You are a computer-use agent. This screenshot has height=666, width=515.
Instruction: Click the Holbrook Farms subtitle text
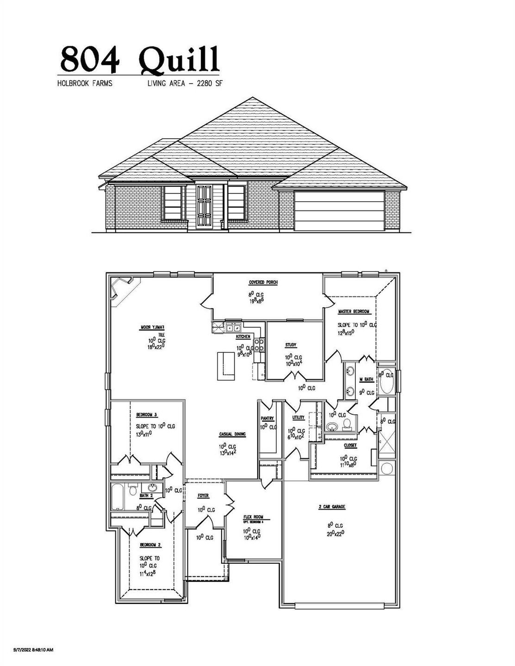pyautogui.click(x=85, y=84)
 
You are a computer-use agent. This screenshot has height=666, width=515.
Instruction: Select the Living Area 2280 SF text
pyautogui.click(x=182, y=84)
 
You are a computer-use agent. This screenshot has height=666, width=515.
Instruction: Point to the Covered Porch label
pyautogui.click(x=263, y=283)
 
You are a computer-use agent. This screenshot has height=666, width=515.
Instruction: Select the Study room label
pyautogui.click(x=290, y=345)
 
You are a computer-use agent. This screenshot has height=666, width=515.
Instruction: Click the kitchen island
pyautogui.click(x=226, y=366)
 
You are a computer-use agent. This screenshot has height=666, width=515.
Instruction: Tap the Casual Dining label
pyautogui.click(x=232, y=434)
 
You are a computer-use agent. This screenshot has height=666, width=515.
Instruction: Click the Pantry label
pyautogui.click(x=267, y=418)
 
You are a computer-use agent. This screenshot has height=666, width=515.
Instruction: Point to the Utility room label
pyautogui.click(x=298, y=418)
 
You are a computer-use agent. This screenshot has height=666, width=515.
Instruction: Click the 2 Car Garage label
pyautogui.click(x=332, y=507)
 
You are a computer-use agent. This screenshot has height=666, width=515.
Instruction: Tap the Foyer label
pyautogui.click(x=203, y=496)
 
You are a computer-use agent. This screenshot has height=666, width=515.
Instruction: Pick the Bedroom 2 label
pyautogui.click(x=150, y=545)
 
